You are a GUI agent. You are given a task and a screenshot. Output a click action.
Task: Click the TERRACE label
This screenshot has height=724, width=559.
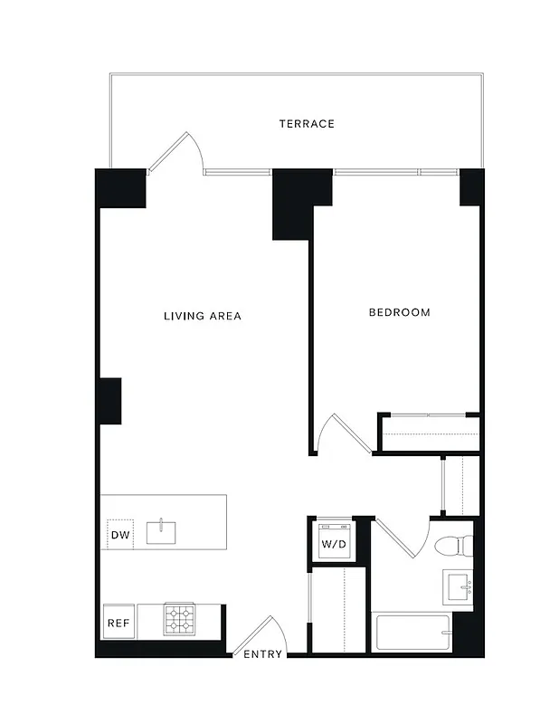(307, 123)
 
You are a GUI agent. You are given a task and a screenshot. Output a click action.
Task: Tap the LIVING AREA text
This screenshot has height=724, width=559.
(202, 316)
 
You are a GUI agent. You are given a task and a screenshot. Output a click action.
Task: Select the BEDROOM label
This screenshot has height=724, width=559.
(399, 312)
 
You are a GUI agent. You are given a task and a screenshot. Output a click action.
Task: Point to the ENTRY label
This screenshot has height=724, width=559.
(262, 654)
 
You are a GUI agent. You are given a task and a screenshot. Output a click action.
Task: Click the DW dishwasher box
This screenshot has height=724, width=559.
(120, 535)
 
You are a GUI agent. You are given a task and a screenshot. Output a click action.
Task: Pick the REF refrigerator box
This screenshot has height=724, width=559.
(118, 623)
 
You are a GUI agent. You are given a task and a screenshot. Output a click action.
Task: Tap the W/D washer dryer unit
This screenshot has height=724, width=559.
(333, 542)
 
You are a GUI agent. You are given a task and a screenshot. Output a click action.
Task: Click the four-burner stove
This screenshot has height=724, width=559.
(178, 619)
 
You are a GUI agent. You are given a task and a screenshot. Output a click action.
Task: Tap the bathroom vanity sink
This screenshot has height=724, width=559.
(462, 588)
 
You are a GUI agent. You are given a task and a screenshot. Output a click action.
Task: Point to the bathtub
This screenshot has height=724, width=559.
(412, 632)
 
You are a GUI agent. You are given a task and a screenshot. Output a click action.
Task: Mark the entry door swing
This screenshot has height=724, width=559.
(264, 633)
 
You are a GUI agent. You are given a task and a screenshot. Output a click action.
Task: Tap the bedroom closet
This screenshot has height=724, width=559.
(427, 433)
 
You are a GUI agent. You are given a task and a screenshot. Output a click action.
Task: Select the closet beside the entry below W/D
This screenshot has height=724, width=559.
(336, 607)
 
